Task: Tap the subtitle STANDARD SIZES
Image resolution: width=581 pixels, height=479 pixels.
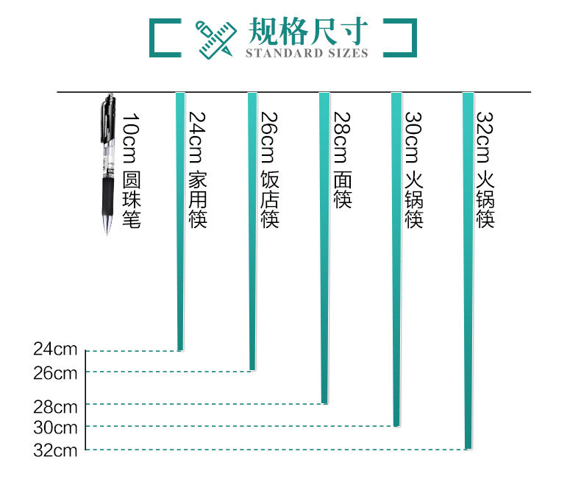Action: (x=306, y=53)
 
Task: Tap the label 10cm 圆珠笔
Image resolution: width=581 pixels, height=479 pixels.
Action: (x=131, y=171)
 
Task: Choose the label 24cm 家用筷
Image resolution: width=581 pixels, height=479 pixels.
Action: (x=198, y=169)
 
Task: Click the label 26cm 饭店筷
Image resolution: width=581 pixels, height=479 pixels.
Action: (x=270, y=169)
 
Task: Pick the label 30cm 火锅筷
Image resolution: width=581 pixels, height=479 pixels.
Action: (x=414, y=169)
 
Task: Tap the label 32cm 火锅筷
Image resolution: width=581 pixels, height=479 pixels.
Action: (x=485, y=169)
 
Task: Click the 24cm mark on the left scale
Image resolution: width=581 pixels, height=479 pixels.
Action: (x=56, y=349)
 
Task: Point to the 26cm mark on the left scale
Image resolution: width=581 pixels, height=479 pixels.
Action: (x=56, y=372)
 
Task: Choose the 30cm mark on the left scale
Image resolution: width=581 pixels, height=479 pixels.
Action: (x=56, y=427)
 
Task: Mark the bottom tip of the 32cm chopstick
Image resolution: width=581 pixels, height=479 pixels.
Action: (x=468, y=446)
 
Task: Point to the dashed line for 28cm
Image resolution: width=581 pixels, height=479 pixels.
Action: (x=206, y=403)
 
